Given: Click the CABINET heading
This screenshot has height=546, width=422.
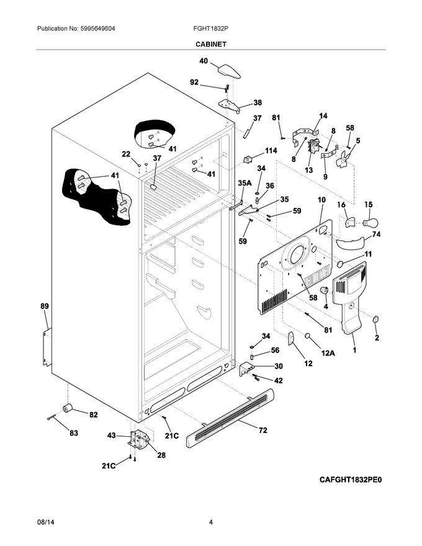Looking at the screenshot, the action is point(210,44).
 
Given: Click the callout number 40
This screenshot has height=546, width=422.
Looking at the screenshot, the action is point(204,61).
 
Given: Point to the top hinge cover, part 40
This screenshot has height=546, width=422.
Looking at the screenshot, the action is point(229,71).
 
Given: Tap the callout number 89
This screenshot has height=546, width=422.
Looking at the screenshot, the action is point(45,307).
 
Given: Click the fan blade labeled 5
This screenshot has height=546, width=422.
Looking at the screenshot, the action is point(343,159).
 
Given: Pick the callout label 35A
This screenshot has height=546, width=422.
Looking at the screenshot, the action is point(245,183).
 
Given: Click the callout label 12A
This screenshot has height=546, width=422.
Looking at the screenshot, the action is point(328,353).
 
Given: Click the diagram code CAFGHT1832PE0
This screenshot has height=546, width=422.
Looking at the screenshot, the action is point(351,480).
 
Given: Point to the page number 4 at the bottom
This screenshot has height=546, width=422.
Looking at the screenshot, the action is point(210,522).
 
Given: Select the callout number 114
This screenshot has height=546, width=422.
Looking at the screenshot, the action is point(271,151).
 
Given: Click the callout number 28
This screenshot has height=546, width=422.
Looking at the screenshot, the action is point(161,455).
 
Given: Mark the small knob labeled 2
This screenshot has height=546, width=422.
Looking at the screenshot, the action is point(375,319).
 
